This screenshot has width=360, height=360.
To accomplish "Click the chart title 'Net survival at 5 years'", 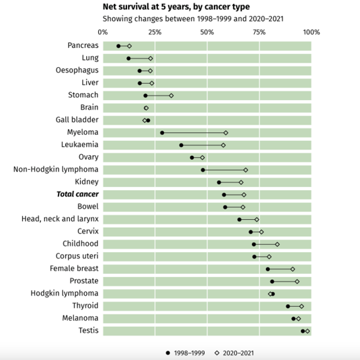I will pyautogui.click(x=176, y=7).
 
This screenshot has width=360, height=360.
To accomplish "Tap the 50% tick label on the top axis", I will pyautogui.click(x=207, y=32).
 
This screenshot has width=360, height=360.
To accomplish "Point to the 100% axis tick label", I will pyautogui.click(x=311, y=32).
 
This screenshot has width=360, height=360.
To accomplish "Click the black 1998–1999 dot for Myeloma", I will pyautogui.click(x=162, y=133).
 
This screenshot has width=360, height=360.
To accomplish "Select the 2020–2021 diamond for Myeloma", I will pyautogui.click(x=226, y=133).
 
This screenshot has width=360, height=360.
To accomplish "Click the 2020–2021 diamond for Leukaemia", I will pyautogui.click(x=223, y=145).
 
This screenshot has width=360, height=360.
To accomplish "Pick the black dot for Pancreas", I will pyautogui.click(x=118, y=46).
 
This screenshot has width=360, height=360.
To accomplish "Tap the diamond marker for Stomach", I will pyautogui.click(x=171, y=95).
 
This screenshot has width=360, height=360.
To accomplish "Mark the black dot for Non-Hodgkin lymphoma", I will pyautogui.click(x=203, y=170).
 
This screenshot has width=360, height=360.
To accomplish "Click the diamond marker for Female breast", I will pyautogui.click(x=292, y=269).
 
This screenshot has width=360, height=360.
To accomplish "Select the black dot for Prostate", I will pyautogui.click(x=272, y=281).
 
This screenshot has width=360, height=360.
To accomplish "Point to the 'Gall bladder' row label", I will pyautogui.click(x=77, y=120).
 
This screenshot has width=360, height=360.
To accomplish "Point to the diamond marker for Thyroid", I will pyautogui.click(x=301, y=306).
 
